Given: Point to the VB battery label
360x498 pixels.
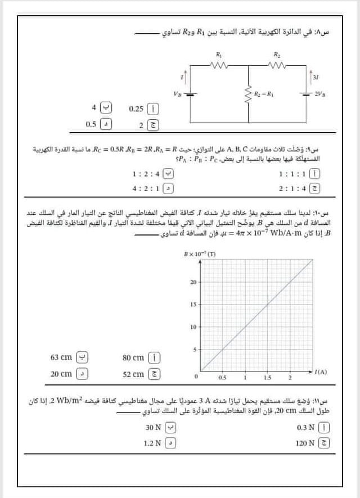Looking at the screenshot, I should (x=178, y=93).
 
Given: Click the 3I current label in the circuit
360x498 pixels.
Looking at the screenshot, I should (x=316, y=77).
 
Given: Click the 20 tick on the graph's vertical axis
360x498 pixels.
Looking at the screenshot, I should (x=192, y=282).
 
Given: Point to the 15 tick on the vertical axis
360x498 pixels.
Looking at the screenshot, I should (x=192, y=304).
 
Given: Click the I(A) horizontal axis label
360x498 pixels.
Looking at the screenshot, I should (x=321, y=373).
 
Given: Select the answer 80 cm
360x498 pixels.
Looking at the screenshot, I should (x=134, y=357).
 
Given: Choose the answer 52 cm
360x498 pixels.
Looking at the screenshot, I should (x=134, y=374).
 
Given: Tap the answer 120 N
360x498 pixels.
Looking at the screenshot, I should (x=304, y=443).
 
